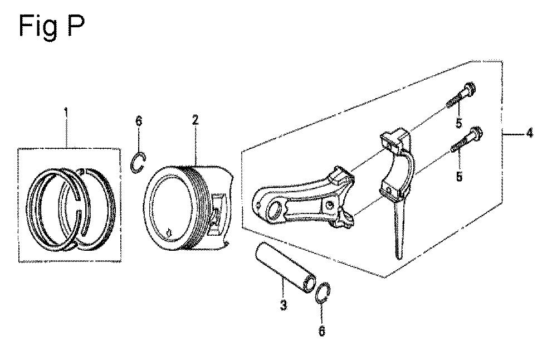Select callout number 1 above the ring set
point(66,113)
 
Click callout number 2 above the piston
point(195,120)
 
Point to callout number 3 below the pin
point(283,305)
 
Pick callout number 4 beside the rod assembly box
point(529,133)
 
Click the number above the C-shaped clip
point(139,121)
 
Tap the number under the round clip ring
point(321,332)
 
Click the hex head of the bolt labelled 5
point(469,87)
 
